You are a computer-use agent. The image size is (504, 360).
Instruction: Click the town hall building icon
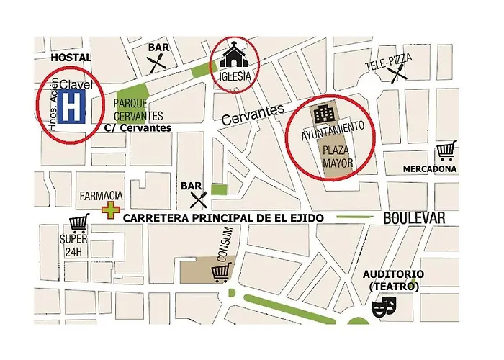point(322,113)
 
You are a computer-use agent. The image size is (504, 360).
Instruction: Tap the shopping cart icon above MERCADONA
point(446,151)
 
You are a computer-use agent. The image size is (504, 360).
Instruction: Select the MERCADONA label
point(429,169)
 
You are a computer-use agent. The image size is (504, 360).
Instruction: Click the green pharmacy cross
point(109,210)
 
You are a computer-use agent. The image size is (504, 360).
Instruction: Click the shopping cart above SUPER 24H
point(78,224)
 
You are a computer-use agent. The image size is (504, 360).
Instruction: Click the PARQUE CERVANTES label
point(138,110)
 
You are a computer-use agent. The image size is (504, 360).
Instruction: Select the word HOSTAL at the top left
point(71,57)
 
